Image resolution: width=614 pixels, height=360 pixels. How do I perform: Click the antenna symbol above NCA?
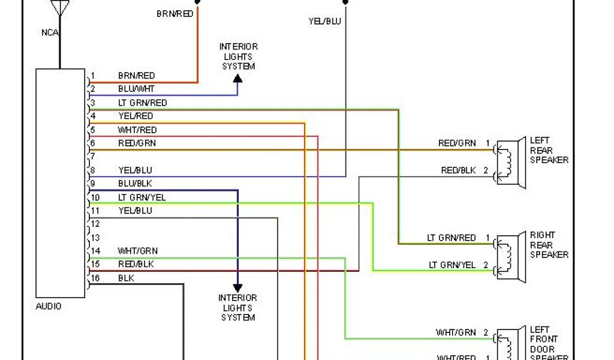pyautogui.click(x=60, y=8)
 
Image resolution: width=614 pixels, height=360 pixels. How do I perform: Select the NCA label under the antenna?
pyautogui.click(x=50, y=32)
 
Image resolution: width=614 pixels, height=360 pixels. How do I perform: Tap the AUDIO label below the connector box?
pyautogui.click(x=49, y=306)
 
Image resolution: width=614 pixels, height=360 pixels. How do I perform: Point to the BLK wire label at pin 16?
pyautogui.click(x=126, y=278)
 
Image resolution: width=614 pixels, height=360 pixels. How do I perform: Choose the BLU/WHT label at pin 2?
pyautogui.click(x=136, y=89)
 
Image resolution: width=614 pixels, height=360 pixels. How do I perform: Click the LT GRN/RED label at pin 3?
pyautogui.click(x=142, y=103)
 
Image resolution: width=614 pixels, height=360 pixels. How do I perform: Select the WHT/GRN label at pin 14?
pyautogui.click(x=138, y=251)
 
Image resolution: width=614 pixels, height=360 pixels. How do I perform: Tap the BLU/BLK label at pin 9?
pyautogui.click(x=136, y=183)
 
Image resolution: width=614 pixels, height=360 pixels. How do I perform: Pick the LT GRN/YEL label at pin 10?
pyautogui.click(x=142, y=197)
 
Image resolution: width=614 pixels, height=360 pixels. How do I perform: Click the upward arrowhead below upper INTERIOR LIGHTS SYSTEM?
pyautogui.click(x=237, y=79)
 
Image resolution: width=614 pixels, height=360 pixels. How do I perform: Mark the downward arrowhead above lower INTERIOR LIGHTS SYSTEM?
pyautogui.click(x=237, y=288)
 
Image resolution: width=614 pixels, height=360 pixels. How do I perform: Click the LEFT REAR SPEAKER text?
pyautogui.click(x=549, y=151)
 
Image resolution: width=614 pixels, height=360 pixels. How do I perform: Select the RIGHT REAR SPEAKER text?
pyautogui.click(x=549, y=245)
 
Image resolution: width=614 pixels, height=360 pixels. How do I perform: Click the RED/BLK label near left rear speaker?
pyautogui.click(x=458, y=170)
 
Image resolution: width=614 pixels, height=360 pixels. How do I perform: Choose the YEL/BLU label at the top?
pyautogui.click(x=324, y=21)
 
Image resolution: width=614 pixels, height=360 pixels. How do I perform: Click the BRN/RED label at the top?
pyautogui.click(x=174, y=13)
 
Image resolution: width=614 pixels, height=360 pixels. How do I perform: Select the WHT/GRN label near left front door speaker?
pyautogui.click(x=455, y=332)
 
